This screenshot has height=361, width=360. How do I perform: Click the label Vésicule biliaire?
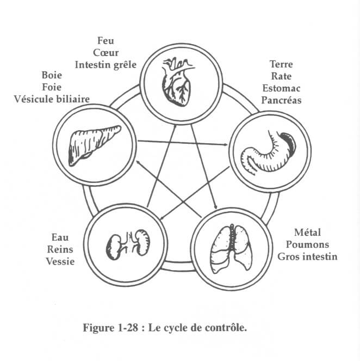click(x=52, y=99)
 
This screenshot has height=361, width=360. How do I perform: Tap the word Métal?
click(x=299, y=232)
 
